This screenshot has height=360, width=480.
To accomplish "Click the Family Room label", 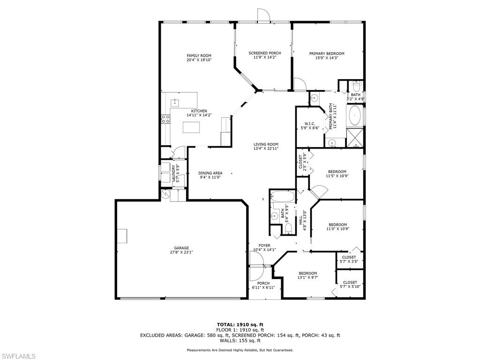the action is [x=199, y=56].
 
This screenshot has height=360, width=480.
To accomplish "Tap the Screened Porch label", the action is [x=264, y=53].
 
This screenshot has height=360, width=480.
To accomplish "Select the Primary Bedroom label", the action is [x=327, y=53].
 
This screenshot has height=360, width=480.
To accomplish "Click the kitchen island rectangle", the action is [x=191, y=127].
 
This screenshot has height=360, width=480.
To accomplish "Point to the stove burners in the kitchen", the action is [x=165, y=119].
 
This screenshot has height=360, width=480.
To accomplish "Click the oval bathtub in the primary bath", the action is [x=354, y=115].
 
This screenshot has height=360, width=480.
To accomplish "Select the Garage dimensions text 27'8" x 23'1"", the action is [x=181, y=253].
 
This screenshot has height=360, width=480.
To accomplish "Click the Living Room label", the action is [x=266, y=144].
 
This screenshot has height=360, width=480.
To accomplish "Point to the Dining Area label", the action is [x=210, y=173].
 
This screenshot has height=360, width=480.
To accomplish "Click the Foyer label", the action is [x=264, y=246].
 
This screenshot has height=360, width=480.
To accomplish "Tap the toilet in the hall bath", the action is [x=288, y=228].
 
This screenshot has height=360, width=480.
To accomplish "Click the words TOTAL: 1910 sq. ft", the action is [x=240, y=324].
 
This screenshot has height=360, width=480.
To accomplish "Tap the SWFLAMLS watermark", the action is [x=18, y=356].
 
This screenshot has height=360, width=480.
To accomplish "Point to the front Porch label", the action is [x=263, y=284].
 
